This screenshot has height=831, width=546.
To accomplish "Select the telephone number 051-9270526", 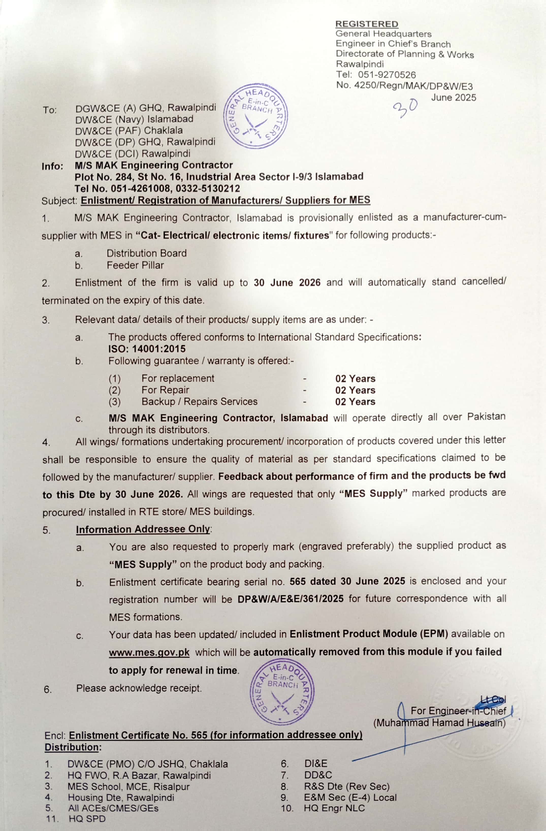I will pos(387,75).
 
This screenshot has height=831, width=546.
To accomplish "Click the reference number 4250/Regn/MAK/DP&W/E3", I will pos(413,86).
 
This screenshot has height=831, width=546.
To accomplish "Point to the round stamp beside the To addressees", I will pos(255,116).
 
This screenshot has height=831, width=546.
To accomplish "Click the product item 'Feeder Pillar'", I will pos(135,265).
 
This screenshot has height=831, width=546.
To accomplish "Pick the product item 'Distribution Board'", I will pos(147,253).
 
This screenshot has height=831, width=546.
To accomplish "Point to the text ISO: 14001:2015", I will pos(147,349).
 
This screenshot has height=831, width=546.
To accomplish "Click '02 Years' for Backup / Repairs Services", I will pos(355,402).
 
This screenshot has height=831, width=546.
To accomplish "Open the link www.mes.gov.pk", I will pos(149,652).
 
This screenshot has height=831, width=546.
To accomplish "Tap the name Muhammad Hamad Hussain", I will pos(439,723).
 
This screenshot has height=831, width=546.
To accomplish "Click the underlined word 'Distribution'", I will pos(72,747).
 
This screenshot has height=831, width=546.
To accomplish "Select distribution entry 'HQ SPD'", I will pos(87,819).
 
